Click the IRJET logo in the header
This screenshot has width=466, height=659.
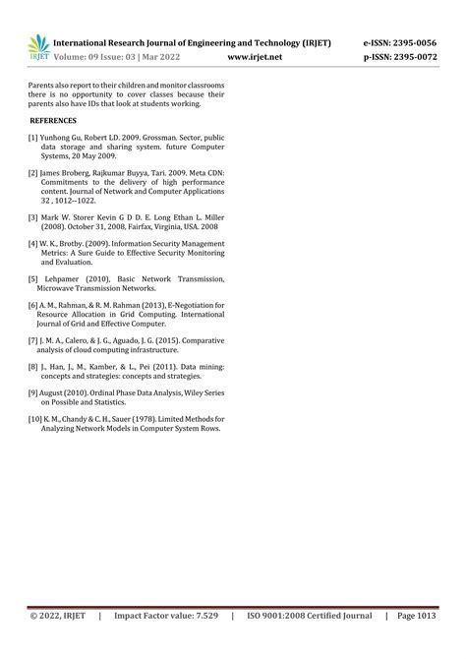pyautogui.click(x=37, y=48)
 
